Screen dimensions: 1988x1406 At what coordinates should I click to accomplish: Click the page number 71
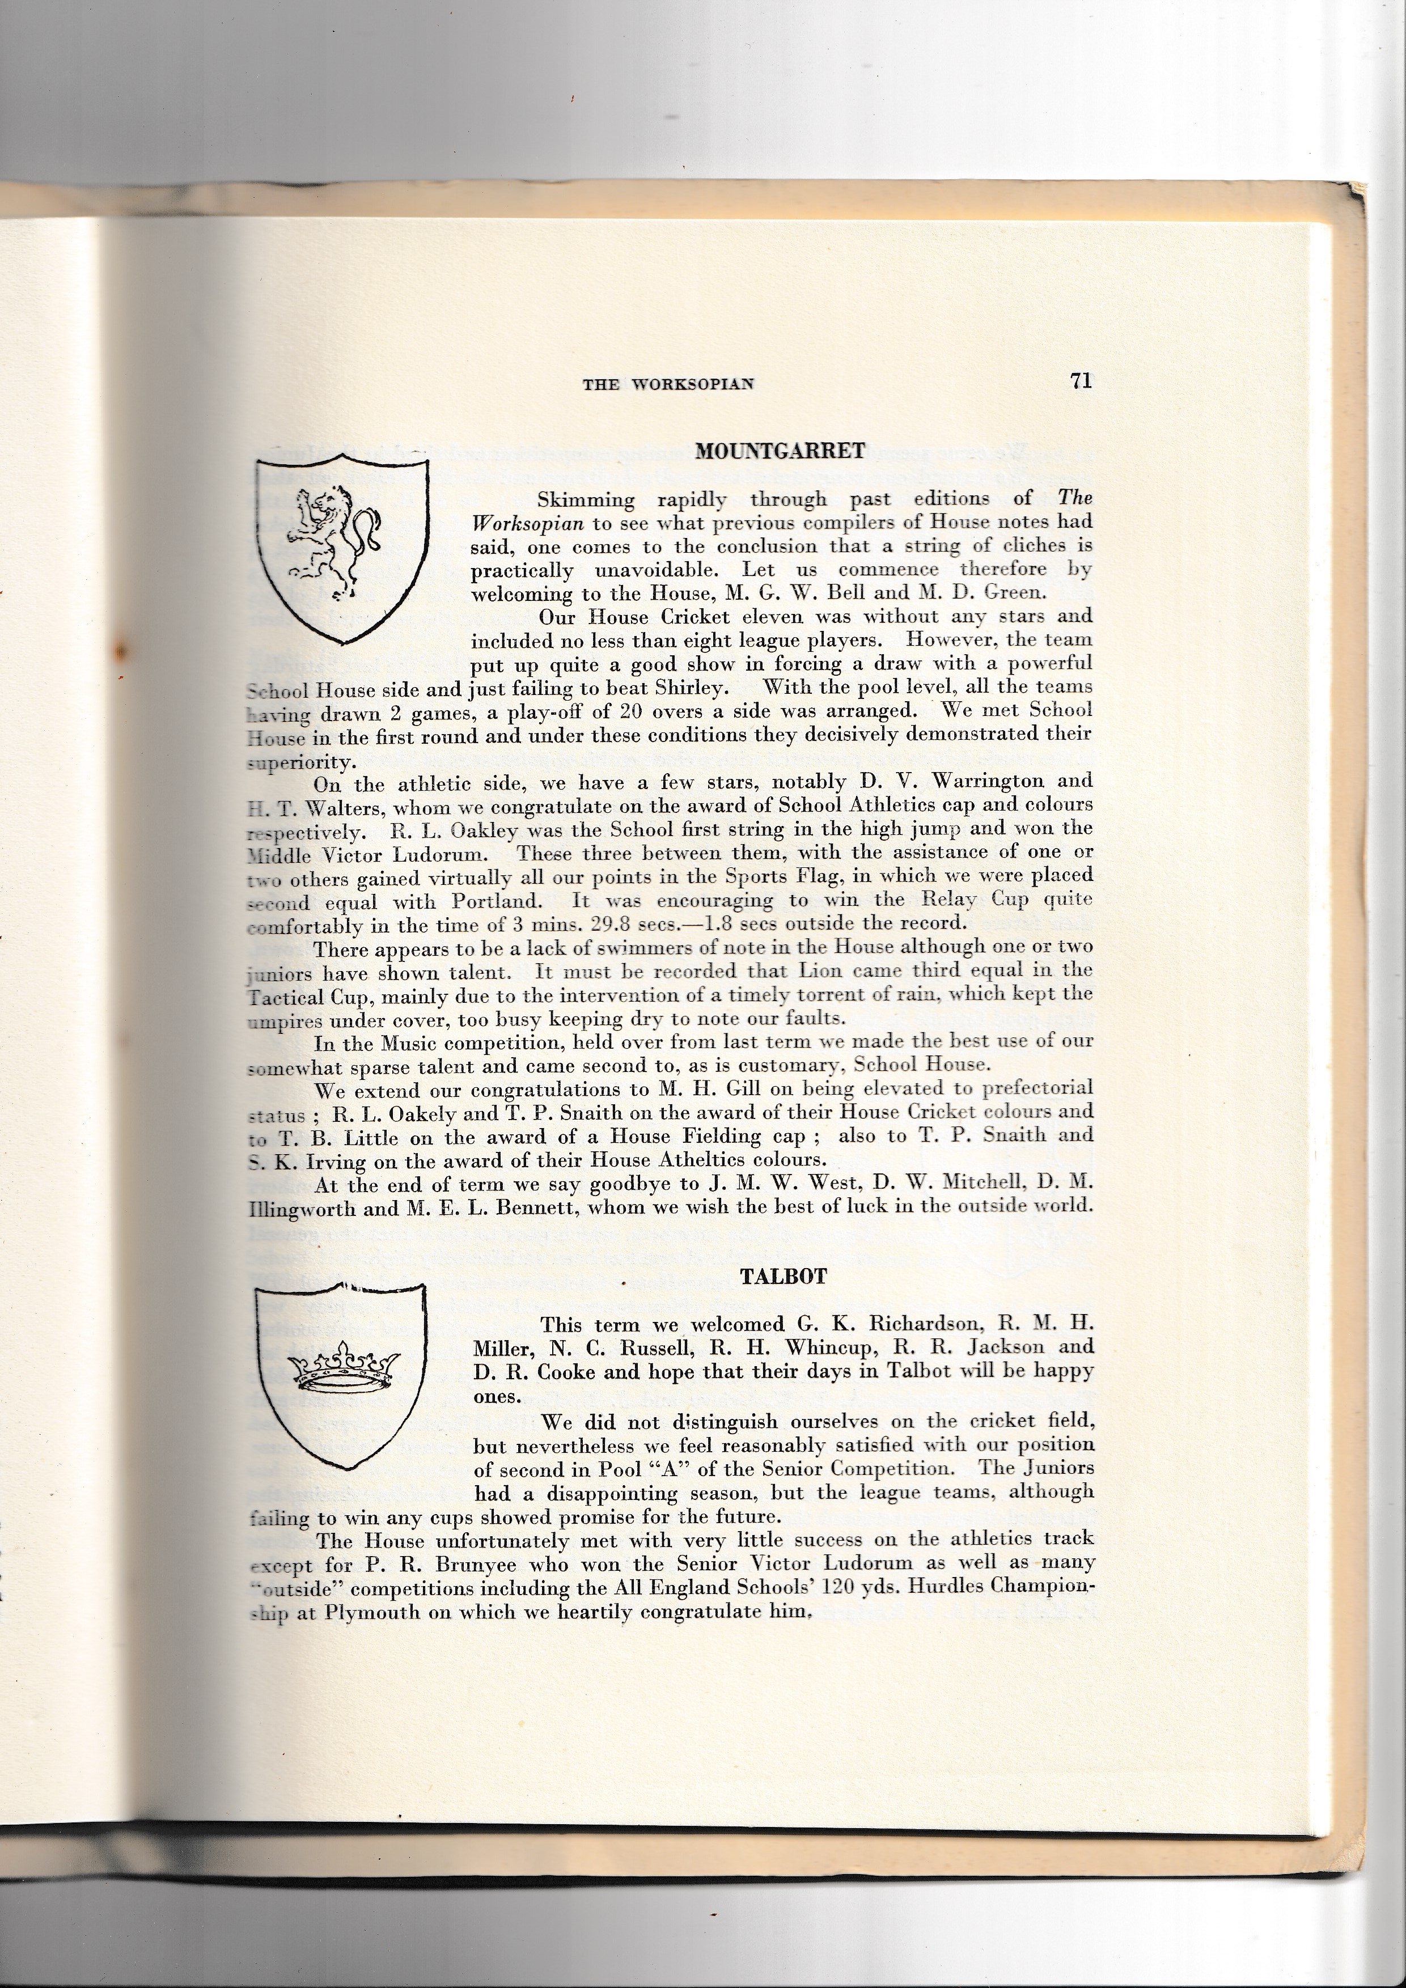click(x=1081, y=381)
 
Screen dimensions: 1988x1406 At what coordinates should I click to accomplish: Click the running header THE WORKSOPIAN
click(x=667, y=384)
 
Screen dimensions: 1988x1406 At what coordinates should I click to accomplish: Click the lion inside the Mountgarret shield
click(x=334, y=542)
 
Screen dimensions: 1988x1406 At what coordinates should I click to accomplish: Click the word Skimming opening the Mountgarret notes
click(x=585, y=499)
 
